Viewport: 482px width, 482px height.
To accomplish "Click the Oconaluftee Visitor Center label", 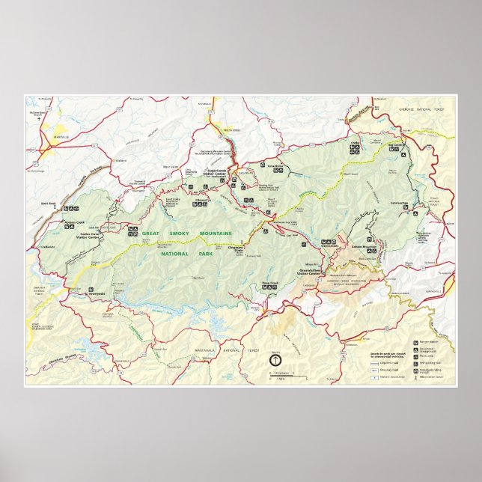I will pyautogui.click(x=308, y=272).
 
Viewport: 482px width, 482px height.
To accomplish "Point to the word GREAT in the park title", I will pyautogui.click(x=152, y=234).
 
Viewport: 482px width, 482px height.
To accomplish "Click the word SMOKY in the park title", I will pyautogui.click(x=180, y=234).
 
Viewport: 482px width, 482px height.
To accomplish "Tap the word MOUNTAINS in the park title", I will pyautogui.click(x=217, y=234).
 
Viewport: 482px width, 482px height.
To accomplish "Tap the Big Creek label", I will pyautogui.click(x=396, y=146).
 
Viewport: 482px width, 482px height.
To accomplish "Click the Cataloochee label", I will pyautogui.click(x=399, y=201).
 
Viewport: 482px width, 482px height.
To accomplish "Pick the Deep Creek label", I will pyautogui.click(x=270, y=282).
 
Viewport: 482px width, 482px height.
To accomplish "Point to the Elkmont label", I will pyautogui.click(x=200, y=197).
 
